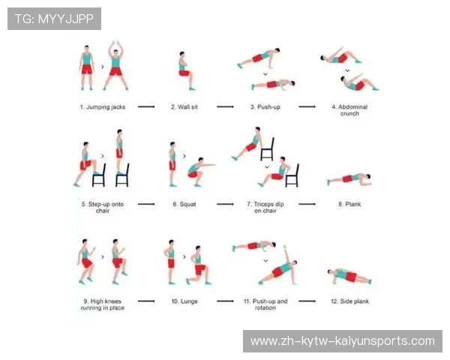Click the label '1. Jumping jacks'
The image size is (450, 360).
click(103, 107)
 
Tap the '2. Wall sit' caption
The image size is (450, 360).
click(184, 107)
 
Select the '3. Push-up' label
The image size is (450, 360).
click(265, 107)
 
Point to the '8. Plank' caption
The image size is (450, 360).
click(349, 204)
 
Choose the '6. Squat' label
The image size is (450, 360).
click(184, 204)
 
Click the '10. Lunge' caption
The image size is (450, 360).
click(184, 301)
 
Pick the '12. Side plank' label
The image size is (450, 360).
click(349, 301)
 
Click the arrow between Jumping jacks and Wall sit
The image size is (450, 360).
click(146, 106)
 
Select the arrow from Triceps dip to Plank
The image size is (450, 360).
click(307, 204)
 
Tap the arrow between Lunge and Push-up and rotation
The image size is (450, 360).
click(225, 301)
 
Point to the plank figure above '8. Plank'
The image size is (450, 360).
click(349, 179)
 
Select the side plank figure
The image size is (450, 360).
click(349, 276)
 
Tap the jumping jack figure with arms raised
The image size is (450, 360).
click(115, 66)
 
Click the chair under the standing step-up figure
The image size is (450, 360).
click(122, 175)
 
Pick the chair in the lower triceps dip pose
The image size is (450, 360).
click(292, 176)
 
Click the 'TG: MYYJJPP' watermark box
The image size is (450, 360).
click(54, 19)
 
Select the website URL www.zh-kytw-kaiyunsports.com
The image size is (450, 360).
click(343, 341)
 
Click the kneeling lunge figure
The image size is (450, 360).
click(199, 265)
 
